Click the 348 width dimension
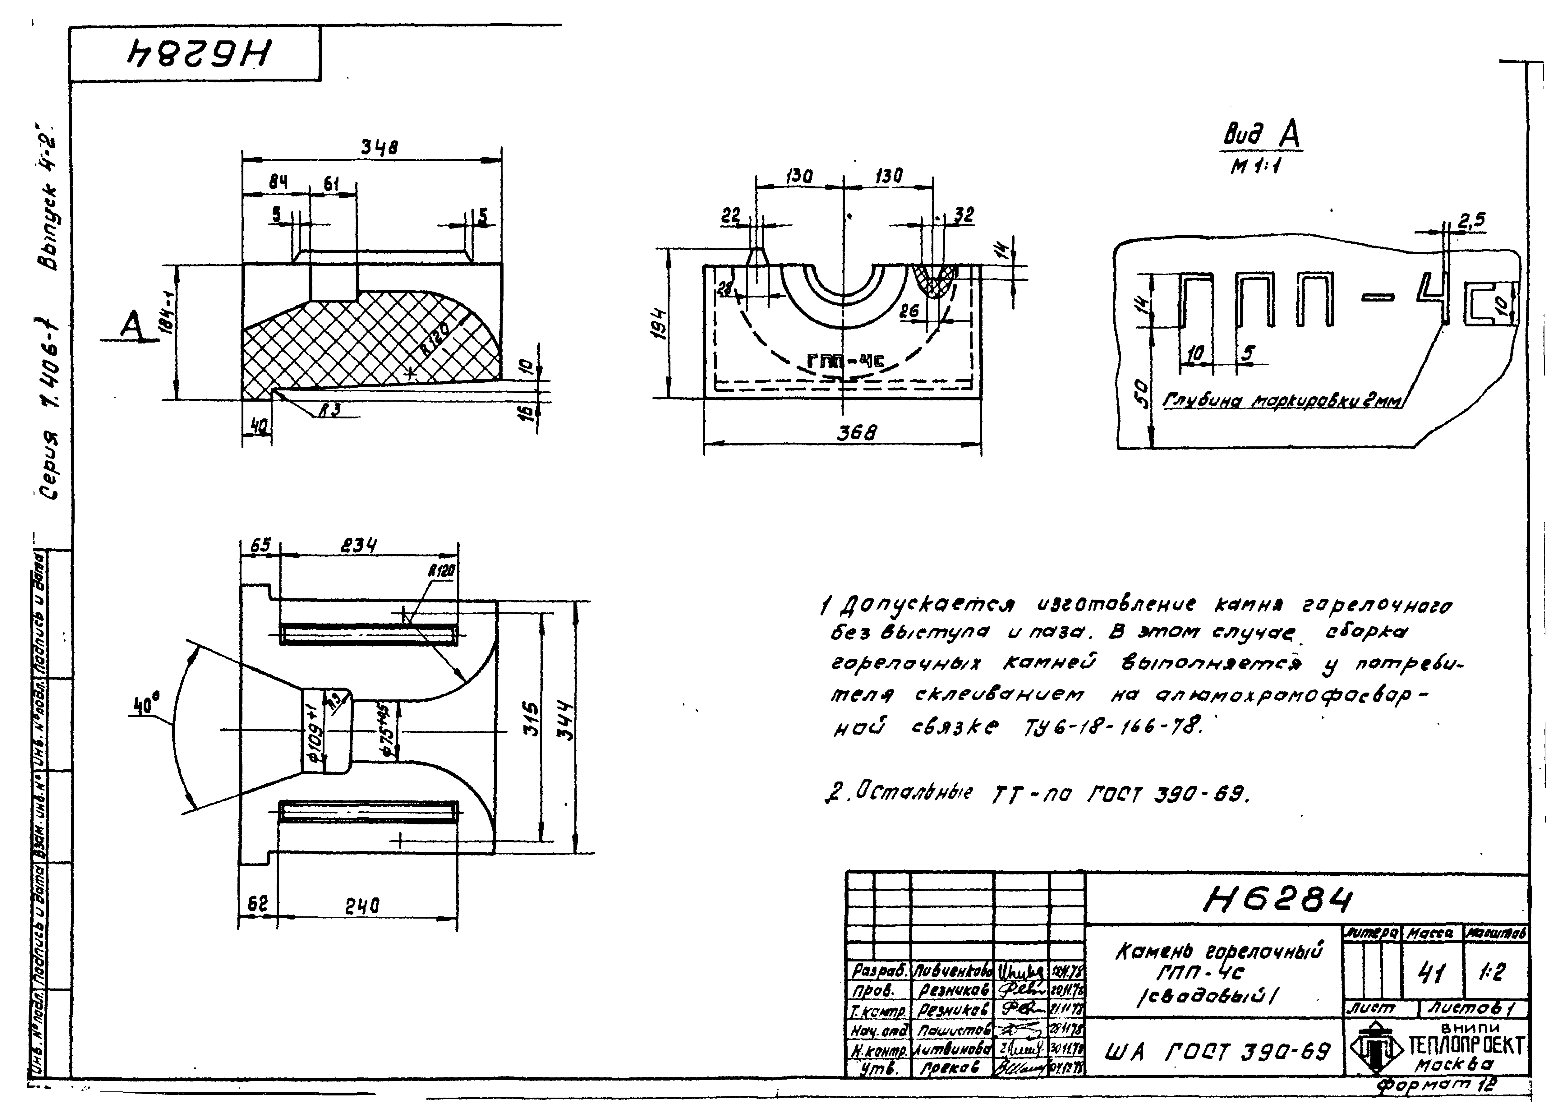pos(380,148)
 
